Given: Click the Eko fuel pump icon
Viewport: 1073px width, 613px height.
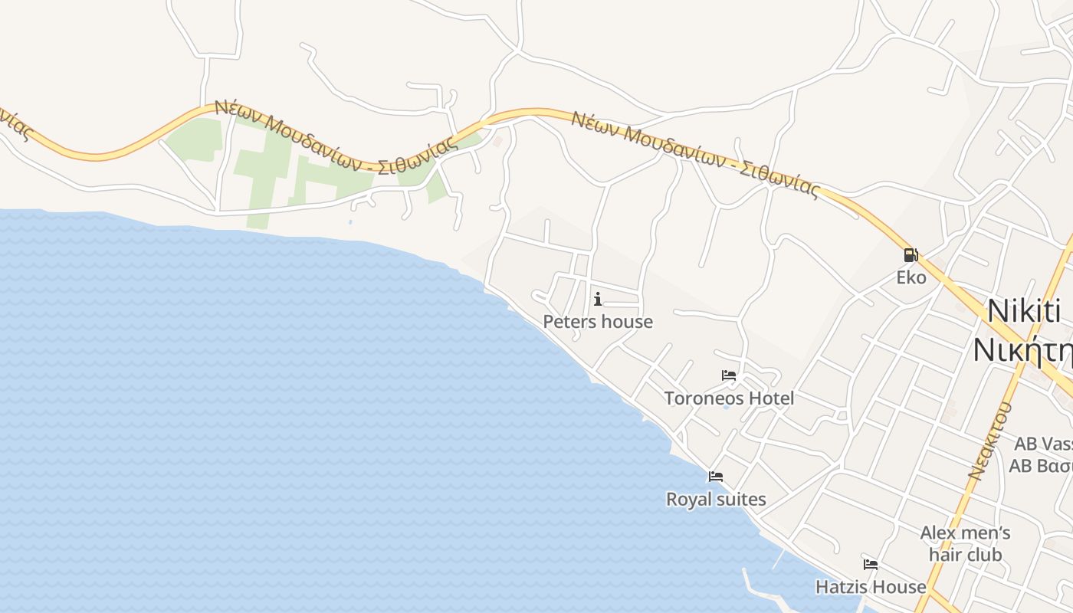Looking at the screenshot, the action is point(911,255).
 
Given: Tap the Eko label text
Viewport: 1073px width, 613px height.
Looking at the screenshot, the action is point(911,277).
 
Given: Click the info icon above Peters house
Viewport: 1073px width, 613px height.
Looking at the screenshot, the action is point(598,299).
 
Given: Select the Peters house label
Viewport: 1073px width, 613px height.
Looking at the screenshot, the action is point(598,322).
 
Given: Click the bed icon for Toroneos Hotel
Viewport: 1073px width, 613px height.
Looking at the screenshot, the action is point(729,375).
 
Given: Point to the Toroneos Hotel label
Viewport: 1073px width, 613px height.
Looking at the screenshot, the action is point(729,398).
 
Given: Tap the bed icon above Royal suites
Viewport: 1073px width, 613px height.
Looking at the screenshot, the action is point(716,477).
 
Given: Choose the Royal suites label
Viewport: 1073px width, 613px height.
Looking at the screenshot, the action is point(716,500).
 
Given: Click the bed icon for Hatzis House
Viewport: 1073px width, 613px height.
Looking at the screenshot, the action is point(871,565).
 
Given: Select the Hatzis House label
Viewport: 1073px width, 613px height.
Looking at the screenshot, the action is point(871,587).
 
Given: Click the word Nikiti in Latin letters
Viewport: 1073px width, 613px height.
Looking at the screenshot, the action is point(1024,311).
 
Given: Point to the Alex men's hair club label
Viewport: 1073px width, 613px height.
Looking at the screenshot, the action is point(965,543).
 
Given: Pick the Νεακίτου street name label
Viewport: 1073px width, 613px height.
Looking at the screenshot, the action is point(989,442).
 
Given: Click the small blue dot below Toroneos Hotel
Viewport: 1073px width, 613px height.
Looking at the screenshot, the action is point(726,407).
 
